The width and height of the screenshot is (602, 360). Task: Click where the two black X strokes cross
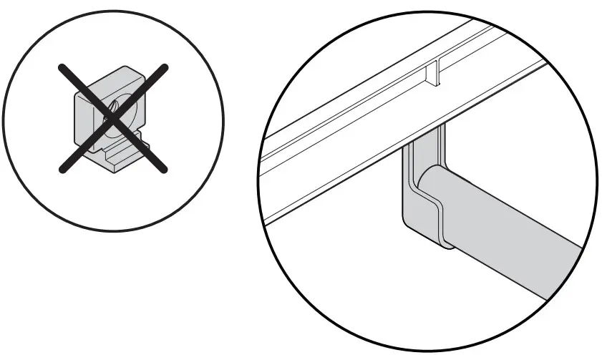tap(113, 117)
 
